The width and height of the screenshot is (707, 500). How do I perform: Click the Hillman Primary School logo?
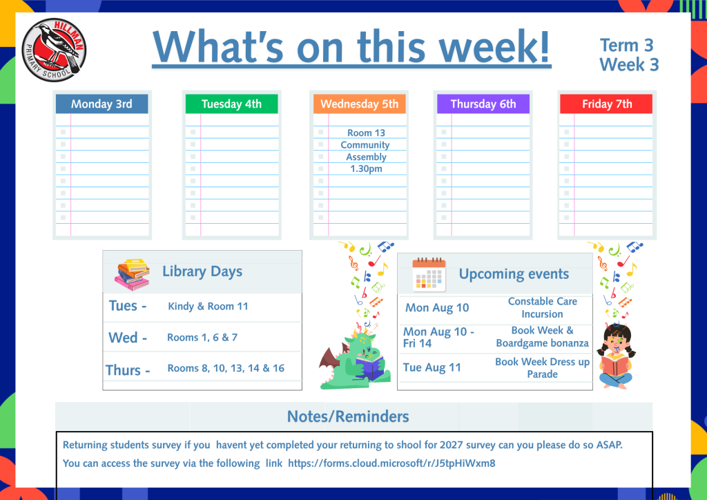(54, 50)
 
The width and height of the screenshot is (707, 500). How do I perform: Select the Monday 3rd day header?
(102, 104)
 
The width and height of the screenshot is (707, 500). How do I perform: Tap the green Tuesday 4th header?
(231, 104)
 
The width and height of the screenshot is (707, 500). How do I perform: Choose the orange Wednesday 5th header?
(359, 104)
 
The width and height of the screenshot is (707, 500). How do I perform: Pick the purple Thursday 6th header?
(483, 104)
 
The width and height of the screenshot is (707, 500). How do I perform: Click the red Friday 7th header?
(606, 104)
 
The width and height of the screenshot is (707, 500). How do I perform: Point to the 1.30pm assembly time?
(366, 169)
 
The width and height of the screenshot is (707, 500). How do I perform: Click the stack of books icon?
(132, 274)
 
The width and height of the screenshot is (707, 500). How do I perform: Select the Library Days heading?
(202, 271)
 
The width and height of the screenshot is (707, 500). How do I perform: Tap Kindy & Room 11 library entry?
(208, 306)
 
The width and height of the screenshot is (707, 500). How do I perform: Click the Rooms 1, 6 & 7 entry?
(202, 337)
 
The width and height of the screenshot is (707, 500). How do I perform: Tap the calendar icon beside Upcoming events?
(429, 275)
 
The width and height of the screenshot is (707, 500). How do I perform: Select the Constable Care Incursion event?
(543, 307)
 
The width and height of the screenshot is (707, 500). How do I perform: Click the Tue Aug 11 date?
(432, 367)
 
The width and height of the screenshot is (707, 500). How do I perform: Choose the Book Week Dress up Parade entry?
(543, 368)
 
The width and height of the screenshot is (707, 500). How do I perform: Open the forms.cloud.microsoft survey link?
(391, 463)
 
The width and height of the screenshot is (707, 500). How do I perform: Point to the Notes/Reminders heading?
(348, 416)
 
